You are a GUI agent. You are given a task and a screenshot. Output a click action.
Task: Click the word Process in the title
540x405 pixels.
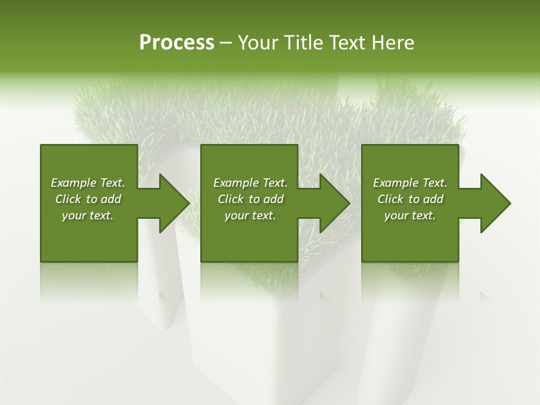click(177, 43)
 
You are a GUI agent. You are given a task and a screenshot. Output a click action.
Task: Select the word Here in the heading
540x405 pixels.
click(392, 43)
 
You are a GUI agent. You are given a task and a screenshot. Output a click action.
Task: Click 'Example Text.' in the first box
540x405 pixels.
click(88, 183)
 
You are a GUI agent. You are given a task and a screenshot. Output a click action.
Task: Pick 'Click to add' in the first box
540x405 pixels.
click(88, 199)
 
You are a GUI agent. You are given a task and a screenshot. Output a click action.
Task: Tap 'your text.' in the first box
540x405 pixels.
click(88, 215)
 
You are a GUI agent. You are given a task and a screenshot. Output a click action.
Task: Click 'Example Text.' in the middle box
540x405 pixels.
click(250, 183)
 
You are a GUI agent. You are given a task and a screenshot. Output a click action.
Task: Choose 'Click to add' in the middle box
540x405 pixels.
click(250, 199)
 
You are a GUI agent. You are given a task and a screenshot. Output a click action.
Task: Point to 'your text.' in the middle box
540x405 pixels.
click(250, 215)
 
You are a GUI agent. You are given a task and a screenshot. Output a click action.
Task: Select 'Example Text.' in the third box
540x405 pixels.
click(410, 183)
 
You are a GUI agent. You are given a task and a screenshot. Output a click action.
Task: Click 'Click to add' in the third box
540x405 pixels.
click(410, 199)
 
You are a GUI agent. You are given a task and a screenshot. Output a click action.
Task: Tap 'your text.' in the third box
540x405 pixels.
click(410, 215)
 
